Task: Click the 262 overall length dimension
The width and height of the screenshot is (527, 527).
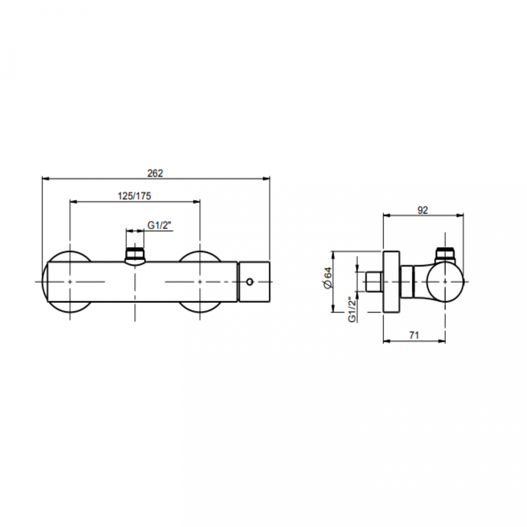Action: click(x=155, y=173)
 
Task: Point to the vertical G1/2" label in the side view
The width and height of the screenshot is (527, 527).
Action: click(x=352, y=310)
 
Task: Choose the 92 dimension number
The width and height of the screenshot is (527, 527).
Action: click(x=422, y=210)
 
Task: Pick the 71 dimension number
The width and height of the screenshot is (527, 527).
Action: click(x=414, y=335)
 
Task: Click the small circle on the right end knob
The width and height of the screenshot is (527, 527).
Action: click(x=250, y=281)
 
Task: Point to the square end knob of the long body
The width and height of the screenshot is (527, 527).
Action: click(x=254, y=281)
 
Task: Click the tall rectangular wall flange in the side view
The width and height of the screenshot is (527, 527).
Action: click(x=391, y=281)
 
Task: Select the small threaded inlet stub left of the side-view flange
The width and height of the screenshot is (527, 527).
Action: click(x=373, y=281)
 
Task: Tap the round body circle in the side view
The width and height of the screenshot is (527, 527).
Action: click(x=445, y=281)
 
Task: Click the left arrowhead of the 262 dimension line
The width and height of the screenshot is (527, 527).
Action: click(x=45, y=178)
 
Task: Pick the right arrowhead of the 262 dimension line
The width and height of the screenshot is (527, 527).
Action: click(x=267, y=178)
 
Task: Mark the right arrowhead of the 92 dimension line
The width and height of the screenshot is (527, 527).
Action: click(x=461, y=215)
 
